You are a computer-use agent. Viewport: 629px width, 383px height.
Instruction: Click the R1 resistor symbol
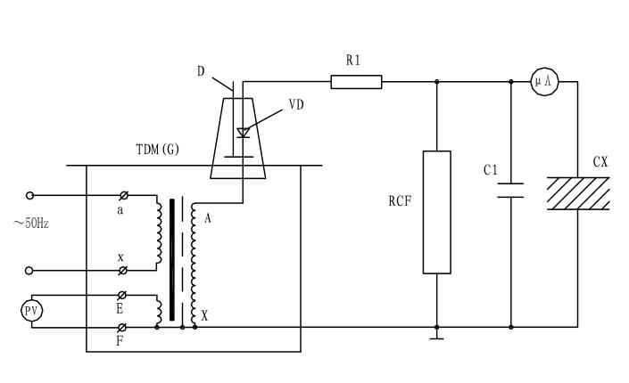pos(356,82)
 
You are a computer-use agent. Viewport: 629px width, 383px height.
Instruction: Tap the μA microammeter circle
pos(542,81)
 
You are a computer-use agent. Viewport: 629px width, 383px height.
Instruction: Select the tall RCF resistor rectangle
pos(436,212)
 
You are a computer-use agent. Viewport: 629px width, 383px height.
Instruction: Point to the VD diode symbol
pos(242,133)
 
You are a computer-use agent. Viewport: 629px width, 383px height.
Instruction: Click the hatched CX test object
pos(578,192)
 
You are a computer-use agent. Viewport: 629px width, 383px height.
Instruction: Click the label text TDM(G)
pos(157,150)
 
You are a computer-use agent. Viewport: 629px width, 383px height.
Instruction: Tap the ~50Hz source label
pos(31,223)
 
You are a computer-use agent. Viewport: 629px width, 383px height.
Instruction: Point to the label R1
pos(353,60)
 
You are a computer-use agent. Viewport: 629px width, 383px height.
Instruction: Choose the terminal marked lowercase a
pos(123,195)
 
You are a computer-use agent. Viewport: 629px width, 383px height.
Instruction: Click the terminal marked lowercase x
pos(123,270)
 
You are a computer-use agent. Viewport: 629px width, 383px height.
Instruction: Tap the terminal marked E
pos(122,295)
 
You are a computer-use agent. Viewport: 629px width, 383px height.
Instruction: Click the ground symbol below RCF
pos(436,335)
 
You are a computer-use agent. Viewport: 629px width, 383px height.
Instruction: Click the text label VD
pos(296,105)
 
